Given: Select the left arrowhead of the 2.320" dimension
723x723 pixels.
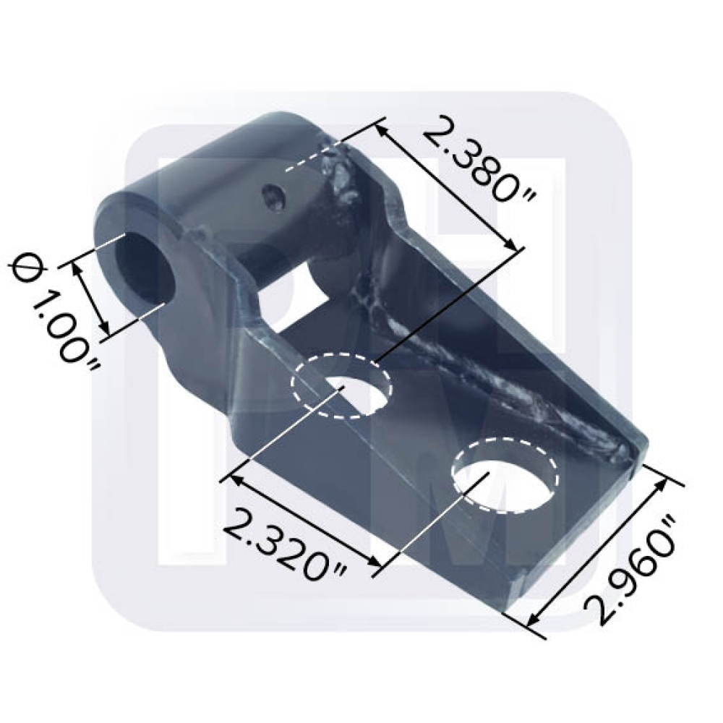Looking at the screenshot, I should pos(235,479).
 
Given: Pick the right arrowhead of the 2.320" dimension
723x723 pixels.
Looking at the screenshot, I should pos(374,565).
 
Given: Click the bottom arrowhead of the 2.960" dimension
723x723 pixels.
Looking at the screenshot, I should pos(534,620).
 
